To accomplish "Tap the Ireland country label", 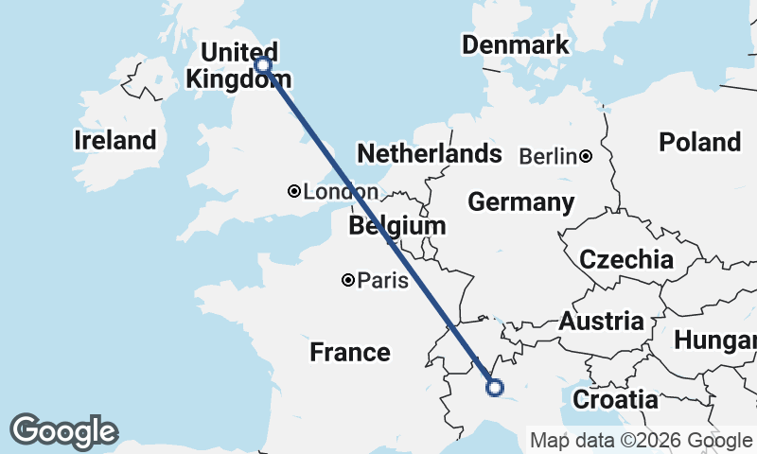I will pyautogui.click(x=114, y=141).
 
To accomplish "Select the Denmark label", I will pyautogui.click(x=516, y=44).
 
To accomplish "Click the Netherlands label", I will pyautogui.click(x=429, y=153).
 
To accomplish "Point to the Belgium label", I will pyautogui.click(x=396, y=226).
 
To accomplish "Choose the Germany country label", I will pyautogui.click(x=520, y=202).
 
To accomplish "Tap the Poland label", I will pyautogui.click(x=699, y=142).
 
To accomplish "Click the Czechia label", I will pyautogui.click(x=626, y=259).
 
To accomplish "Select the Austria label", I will pyautogui.click(x=607, y=322).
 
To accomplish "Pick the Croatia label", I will pyautogui.click(x=615, y=399).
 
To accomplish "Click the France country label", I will pyautogui.click(x=350, y=353).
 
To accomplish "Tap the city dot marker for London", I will pyautogui.click(x=294, y=192).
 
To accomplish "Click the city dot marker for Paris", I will pyautogui.click(x=348, y=280).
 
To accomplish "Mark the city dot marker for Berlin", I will pyautogui.click(x=587, y=156).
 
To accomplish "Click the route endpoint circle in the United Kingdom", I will pyautogui.click(x=262, y=65).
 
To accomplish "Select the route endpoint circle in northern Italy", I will pyautogui.click(x=494, y=386).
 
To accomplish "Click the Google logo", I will pyautogui.click(x=64, y=431).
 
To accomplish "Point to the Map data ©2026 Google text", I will pyautogui.click(x=641, y=440).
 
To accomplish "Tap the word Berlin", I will pyautogui.click(x=548, y=156).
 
